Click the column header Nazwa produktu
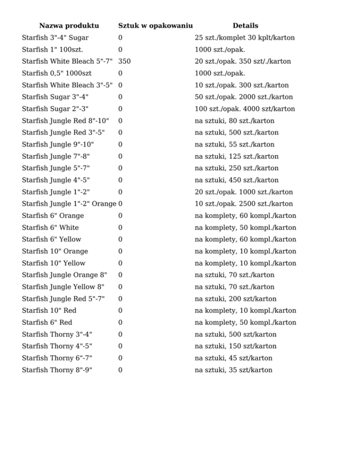point(69,26)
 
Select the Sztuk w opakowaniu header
point(156,26)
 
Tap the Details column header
point(245,26)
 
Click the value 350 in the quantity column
point(125,61)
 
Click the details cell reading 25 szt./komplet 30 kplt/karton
point(245,38)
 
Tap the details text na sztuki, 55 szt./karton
point(234,144)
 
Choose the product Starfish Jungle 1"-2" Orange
point(69,204)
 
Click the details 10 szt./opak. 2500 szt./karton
point(244,204)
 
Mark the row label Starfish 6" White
point(50,227)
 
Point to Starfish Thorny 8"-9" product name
point(57,370)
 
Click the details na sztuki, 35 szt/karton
point(233,370)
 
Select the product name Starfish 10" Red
point(49,310)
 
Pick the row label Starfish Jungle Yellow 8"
point(63,287)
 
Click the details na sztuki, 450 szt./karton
point(237,180)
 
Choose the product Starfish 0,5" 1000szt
point(57,73)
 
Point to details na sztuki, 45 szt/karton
point(233,358)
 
